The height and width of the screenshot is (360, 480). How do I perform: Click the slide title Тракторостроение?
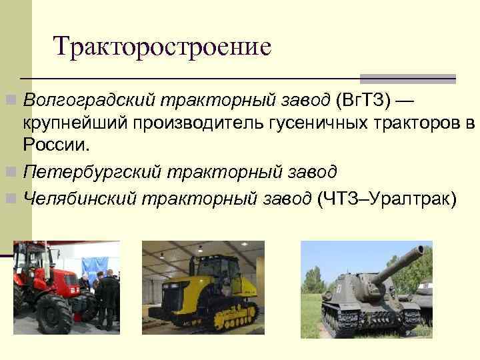(163, 47)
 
